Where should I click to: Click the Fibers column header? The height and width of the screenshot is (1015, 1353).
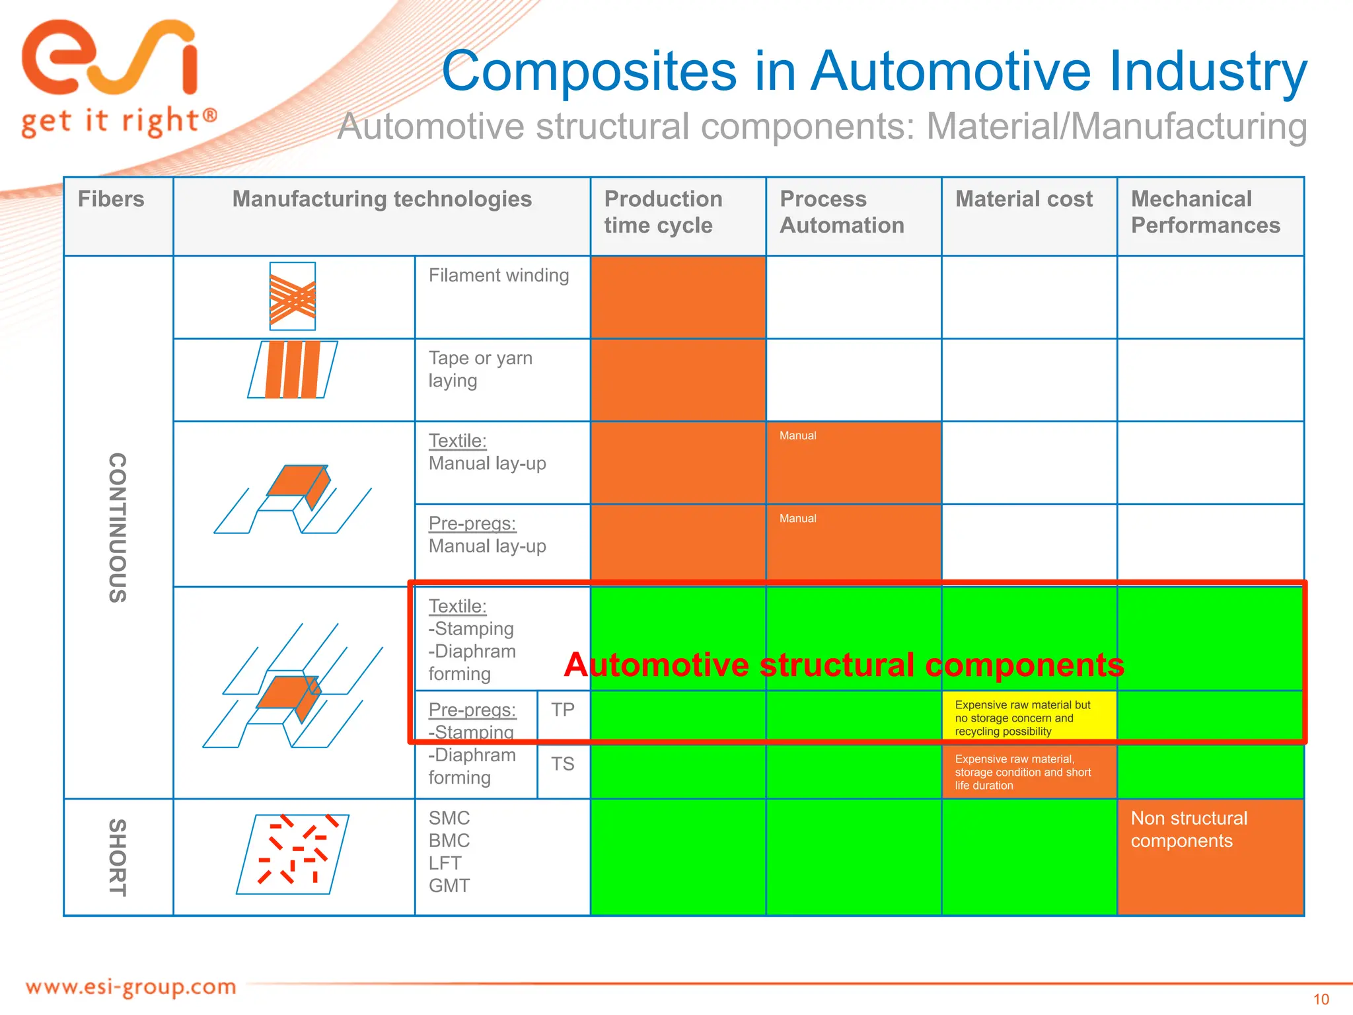pos(111,200)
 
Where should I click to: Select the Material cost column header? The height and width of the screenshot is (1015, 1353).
pos(1024,200)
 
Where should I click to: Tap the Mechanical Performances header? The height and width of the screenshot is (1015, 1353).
pos(1205,212)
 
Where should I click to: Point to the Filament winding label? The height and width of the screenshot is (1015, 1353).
pos(499,276)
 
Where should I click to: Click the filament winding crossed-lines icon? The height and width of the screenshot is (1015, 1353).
pos(293,297)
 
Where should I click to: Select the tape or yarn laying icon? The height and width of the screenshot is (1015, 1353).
pos(293,369)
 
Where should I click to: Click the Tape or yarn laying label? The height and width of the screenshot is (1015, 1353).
pos(480,369)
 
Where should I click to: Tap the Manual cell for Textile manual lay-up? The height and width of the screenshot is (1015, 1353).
pos(854,463)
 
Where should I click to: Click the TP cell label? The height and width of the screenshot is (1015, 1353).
pos(563,710)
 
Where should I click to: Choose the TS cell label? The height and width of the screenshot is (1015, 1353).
pos(563,765)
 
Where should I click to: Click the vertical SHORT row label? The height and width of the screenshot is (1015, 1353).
pos(118,858)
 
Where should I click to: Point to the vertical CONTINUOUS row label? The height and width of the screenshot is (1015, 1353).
pos(118,527)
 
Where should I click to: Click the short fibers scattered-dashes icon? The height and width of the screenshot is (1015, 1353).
pos(293,854)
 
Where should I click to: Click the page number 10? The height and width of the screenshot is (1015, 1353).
pos(1321,999)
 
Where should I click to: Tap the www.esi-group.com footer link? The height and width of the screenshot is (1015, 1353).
pos(131,987)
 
